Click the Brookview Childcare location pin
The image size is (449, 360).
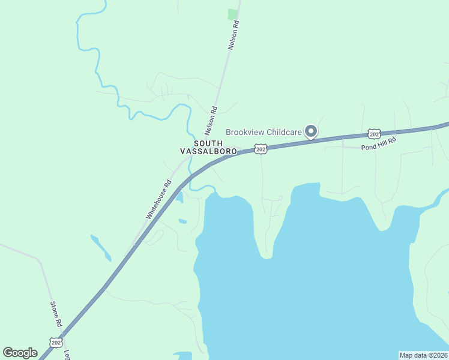(x=310, y=131)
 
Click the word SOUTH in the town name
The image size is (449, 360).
(x=208, y=143)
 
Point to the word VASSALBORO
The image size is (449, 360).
(x=208, y=152)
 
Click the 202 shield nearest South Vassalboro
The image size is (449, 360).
(x=260, y=148)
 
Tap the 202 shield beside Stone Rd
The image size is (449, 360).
(x=56, y=343)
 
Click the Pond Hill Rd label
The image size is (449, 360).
(x=379, y=145)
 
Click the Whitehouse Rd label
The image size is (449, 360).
(x=159, y=199)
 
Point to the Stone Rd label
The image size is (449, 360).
(x=56, y=314)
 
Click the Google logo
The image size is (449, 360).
(x=20, y=353)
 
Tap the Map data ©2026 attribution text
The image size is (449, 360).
(x=423, y=355)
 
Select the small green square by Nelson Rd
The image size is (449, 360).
(x=233, y=14)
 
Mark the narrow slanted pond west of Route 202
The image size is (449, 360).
(x=100, y=247)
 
